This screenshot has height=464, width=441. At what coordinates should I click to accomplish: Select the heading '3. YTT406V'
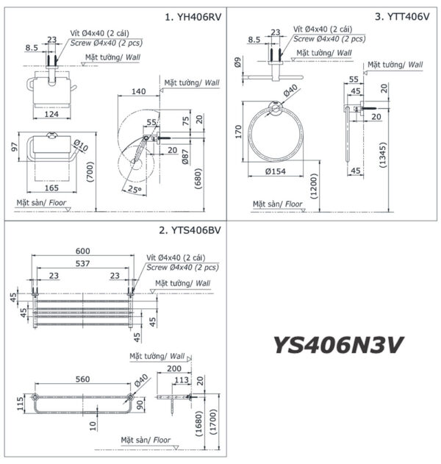[x=402, y=16]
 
